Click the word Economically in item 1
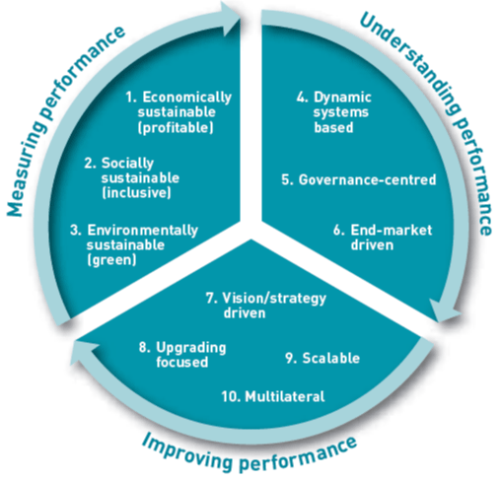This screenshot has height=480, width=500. (187, 98)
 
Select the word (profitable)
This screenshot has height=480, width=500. (176, 127)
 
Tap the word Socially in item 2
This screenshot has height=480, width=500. (127, 164)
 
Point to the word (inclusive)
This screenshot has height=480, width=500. (136, 193)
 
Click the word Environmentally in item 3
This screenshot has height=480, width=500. (143, 231)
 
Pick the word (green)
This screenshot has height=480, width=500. (111, 260)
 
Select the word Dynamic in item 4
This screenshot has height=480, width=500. (342, 98)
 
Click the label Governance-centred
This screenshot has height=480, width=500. (367, 179)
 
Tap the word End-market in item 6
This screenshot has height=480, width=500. (392, 230)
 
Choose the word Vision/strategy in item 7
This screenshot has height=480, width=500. (274, 299)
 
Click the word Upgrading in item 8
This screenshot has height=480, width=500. (191, 348)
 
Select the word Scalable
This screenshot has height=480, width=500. (331, 358)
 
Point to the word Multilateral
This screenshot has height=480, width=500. (285, 396)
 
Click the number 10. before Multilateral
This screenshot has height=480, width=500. (232, 396)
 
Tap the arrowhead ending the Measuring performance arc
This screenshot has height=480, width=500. (230, 18)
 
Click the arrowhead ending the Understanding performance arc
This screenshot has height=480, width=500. (445, 311)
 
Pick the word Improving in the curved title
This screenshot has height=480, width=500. (187, 451)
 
